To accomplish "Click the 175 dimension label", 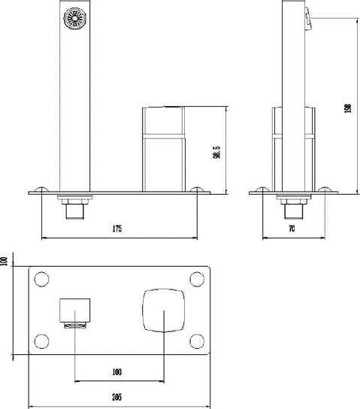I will [x=117, y=228].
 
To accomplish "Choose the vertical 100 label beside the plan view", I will [x=5, y=262].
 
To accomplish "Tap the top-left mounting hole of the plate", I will [x=40, y=280].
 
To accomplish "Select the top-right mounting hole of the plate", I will [x=197, y=280].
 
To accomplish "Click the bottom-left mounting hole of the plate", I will [x=40, y=339].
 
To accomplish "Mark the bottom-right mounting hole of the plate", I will [x=197, y=339].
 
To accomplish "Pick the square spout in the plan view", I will [x=75, y=310].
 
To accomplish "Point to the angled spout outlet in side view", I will [x=307, y=18].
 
